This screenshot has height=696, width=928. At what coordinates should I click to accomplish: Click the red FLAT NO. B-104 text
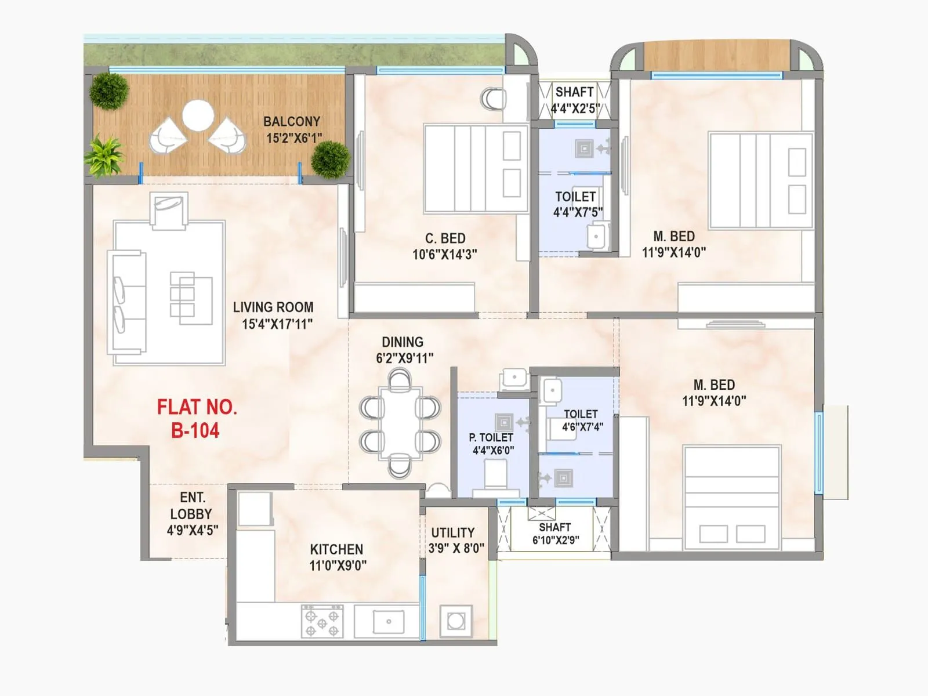[x=197, y=418]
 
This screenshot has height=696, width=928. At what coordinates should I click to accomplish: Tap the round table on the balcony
[x=197, y=115]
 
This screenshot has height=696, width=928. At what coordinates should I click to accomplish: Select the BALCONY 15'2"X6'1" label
[x=293, y=129]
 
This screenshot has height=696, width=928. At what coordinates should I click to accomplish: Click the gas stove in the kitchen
[x=322, y=621]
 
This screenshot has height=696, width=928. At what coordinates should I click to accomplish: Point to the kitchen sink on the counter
[x=388, y=621]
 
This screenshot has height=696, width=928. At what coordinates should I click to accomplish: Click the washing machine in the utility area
[x=456, y=621]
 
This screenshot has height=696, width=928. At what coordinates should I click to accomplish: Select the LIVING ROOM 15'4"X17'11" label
[x=274, y=316]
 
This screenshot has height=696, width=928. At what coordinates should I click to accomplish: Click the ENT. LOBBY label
[x=191, y=513]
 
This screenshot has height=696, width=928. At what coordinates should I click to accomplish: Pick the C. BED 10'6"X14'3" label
[x=445, y=246]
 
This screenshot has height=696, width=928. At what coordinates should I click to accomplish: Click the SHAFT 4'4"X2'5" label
[x=574, y=100]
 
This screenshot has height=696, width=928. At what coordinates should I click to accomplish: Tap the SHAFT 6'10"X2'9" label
[x=555, y=534]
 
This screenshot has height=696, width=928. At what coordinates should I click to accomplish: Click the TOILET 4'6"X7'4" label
[x=581, y=420]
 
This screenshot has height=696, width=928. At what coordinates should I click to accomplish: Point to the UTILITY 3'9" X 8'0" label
[x=456, y=540]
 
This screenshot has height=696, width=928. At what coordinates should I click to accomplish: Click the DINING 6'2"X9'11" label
[x=404, y=350]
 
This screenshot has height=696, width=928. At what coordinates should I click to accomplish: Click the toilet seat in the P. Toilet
[x=495, y=474]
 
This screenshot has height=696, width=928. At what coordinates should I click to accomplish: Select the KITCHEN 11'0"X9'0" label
[x=337, y=557]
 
